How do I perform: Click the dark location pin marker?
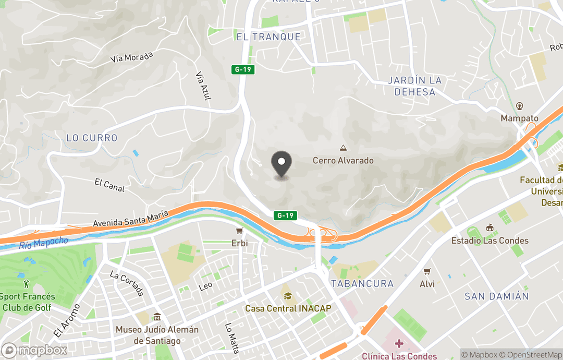click(282, 163)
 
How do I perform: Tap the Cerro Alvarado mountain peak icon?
click(343, 149)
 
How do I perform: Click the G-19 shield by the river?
click(286, 215)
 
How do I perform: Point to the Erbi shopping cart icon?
click(239, 231)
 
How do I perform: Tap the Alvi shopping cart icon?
click(427, 272)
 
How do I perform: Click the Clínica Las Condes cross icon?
click(399, 344)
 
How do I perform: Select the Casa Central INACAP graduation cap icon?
click(287, 296)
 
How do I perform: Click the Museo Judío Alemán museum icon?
click(157, 317)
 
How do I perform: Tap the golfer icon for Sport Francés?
click(27, 284)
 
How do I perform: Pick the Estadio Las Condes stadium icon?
click(489, 228)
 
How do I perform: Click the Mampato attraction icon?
click(519, 106)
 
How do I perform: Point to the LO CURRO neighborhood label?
click(92, 138)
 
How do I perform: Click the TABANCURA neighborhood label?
click(362, 283)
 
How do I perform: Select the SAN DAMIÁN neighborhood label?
click(496, 296)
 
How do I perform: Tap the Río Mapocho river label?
click(44, 243)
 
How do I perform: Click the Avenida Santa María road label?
click(130, 219)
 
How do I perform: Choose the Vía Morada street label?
click(131, 57)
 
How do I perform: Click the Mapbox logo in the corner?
click(34, 350)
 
